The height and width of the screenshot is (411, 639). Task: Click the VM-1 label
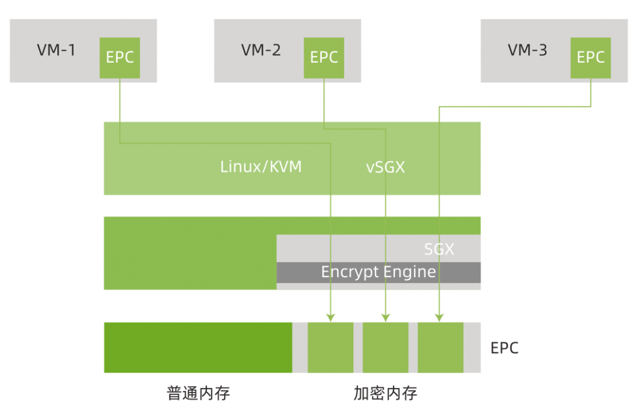pyautogui.click(x=56, y=50)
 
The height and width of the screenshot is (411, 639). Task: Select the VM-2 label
pyautogui.click(x=261, y=50)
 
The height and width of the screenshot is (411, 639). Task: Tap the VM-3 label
pyautogui.click(x=527, y=50)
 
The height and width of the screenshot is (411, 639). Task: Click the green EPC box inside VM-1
pyautogui.click(x=120, y=57)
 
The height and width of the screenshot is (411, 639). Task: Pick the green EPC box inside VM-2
pyautogui.click(x=324, y=57)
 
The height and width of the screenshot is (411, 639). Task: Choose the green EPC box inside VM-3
pyautogui.click(x=590, y=57)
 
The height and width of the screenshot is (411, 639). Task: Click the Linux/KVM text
pyautogui.click(x=261, y=167)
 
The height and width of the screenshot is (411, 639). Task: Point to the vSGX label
pyautogui.click(x=385, y=167)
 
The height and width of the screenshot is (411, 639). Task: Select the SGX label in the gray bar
pyautogui.click(x=439, y=249)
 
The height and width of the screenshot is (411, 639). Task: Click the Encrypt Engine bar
pyautogui.click(x=379, y=272)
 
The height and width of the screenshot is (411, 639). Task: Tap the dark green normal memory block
pyautogui.click(x=198, y=348)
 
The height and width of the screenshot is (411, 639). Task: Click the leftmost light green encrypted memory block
pyautogui.click(x=330, y=348)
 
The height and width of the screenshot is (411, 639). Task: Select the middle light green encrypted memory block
pyautogui.click(x=385, y=348)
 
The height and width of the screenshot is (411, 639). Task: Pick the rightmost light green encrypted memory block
pyautogui.click(x=440, y=348)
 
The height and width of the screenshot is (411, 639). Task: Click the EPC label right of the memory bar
pyautogui.click(x=504, y=348)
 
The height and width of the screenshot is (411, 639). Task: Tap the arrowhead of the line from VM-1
pyautogui.click(x=330, y=318)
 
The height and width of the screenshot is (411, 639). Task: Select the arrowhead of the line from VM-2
pyautogui.click(x=385, y=318)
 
